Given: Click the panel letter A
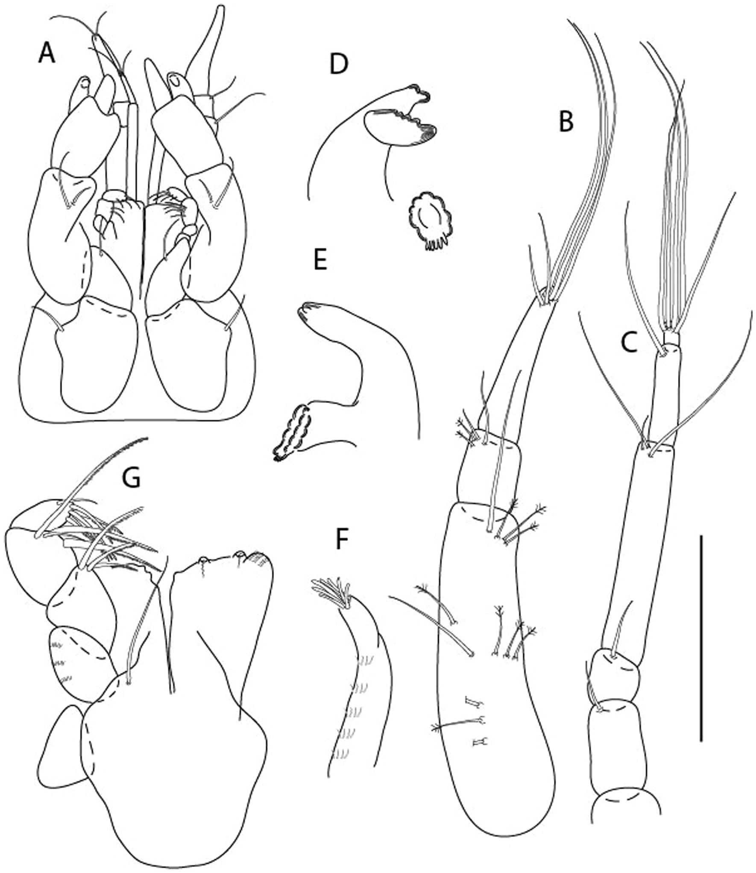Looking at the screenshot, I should tap(47, 54).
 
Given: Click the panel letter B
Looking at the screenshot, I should tap(566, 122).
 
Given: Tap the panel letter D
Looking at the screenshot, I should tap(339, 65).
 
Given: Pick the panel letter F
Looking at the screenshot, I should tap(341, 540).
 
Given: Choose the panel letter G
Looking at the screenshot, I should tap(131, 478).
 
